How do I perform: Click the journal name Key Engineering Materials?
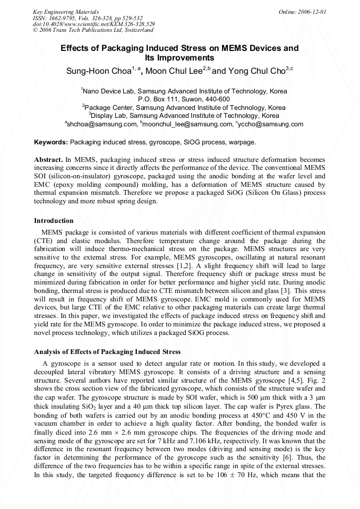point(65,11)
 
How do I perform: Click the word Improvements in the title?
point(179,58)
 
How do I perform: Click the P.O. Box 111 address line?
point(184,99)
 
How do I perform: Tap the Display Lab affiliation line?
point(184,115)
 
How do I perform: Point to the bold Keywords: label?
point(51,142)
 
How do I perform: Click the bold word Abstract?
point(48,159)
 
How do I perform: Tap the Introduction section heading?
point(54,221)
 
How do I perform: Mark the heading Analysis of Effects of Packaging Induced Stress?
point(107,352)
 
